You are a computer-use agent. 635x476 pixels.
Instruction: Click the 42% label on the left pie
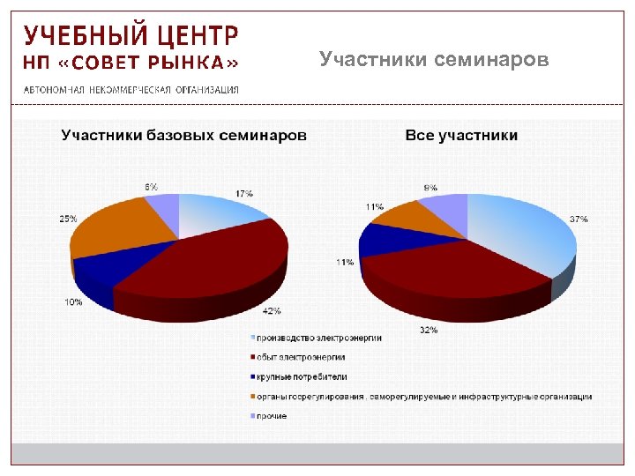272,311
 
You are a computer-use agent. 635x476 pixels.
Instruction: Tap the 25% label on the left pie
68,218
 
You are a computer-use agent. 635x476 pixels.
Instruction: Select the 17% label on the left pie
244,193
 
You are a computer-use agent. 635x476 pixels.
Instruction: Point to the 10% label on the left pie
73,301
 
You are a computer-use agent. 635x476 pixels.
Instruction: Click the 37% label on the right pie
579,219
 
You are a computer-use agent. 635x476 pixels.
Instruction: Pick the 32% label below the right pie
429,330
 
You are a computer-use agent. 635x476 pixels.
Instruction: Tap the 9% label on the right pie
430,188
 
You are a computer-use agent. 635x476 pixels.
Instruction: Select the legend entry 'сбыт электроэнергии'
301,357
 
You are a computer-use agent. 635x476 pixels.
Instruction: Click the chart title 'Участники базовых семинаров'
183,135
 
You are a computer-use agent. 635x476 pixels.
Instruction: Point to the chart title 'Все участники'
461,135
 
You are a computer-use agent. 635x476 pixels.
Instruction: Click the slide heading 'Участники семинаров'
434,60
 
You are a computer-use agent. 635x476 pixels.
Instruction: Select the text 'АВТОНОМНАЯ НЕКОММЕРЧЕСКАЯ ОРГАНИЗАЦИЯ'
131,90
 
